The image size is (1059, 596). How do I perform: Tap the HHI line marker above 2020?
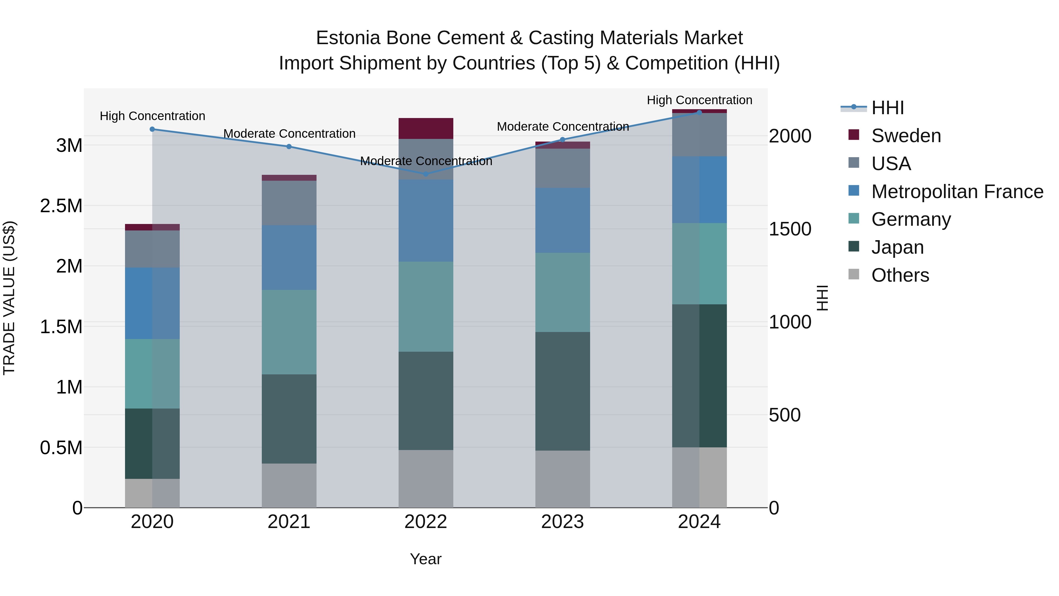pos(152,129)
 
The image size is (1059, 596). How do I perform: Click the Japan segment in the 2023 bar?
pos(562,391)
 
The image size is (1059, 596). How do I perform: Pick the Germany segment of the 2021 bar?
pos(289,332)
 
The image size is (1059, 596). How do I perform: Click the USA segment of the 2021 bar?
pos(289,203)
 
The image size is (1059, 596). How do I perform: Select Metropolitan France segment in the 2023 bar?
pos(562,220)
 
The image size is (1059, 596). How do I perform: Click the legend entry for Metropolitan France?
pos(957,192)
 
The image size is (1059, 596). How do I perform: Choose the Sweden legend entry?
pos(906,136)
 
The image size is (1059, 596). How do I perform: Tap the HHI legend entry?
pos(887,108)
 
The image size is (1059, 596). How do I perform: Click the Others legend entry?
pos(900,275)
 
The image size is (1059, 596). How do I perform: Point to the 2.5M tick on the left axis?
pos(61,206)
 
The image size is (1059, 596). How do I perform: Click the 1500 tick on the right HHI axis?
pos(790,229)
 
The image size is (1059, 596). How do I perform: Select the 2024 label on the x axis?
pos(699,522)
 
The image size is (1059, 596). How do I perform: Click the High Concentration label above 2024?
pos(699,100)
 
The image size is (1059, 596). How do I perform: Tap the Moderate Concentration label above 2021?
pos(289,134)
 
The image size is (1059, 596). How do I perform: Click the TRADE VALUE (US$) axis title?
pos(9,298)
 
